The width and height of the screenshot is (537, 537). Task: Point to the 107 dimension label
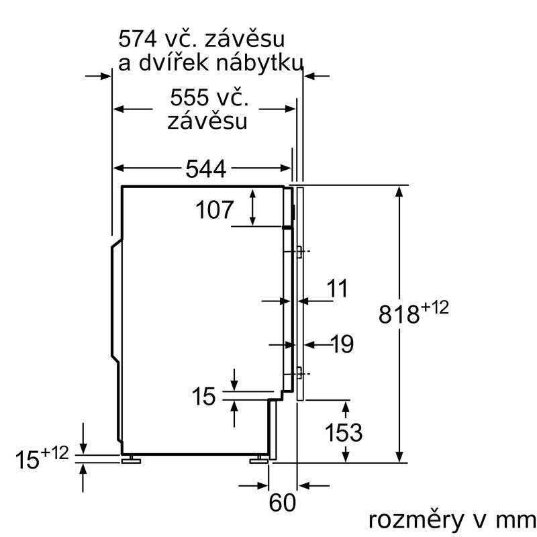point(215,210)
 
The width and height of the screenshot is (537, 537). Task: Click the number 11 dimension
point(337,289)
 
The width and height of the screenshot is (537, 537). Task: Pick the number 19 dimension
point(341,344)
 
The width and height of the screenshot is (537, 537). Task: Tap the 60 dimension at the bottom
point(284,501)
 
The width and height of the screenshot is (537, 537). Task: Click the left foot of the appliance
point(130,460)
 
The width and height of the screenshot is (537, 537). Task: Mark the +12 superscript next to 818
point(434,309)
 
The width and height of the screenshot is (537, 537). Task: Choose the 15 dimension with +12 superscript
point(30,460)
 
